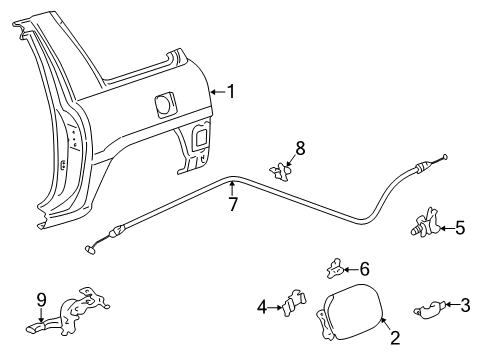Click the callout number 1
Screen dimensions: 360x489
pos(231,92)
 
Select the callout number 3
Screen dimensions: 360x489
pos(465,304)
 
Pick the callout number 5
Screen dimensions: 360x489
pos(459,227)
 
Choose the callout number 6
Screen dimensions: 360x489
pos(364,268)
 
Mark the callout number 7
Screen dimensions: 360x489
pos(233,204)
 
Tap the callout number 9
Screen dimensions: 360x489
pos(41,298)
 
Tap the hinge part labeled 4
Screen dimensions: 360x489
pos(294,302)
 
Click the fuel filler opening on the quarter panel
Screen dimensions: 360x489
pos(162,103)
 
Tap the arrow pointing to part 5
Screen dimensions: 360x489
pos(445,227)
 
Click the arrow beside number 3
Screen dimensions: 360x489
pos(452,304)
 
